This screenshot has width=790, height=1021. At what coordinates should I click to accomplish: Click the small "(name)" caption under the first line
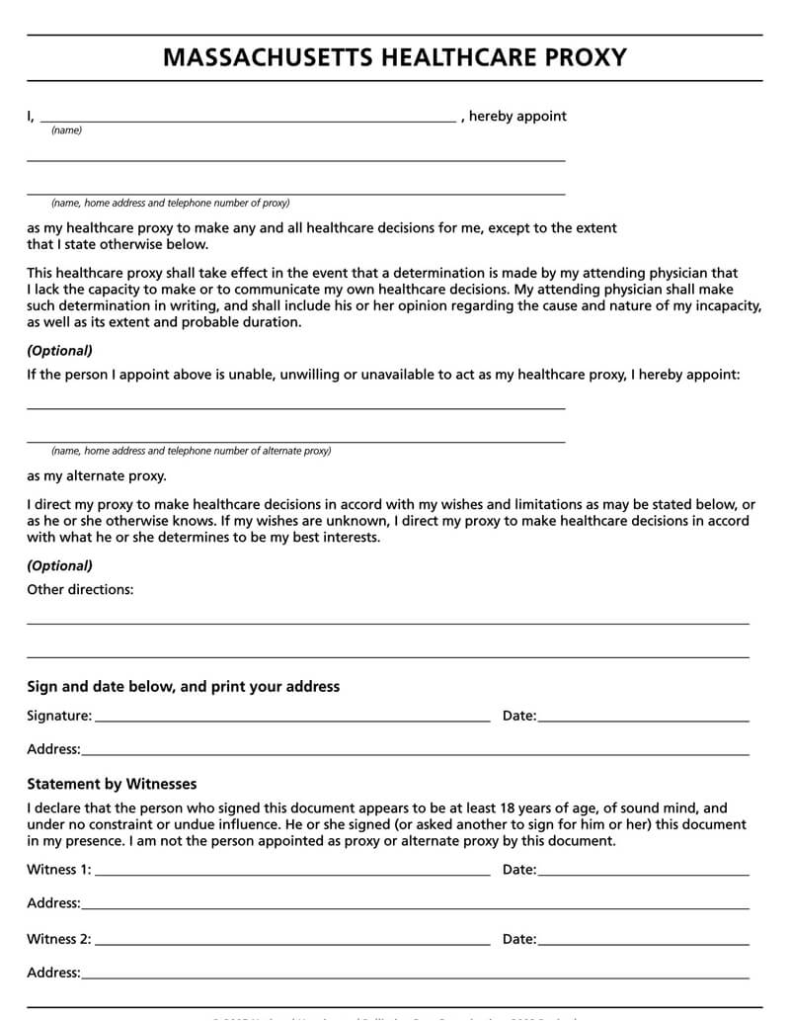tap(66, 130)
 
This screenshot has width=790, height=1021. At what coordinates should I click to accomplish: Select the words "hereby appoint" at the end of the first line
tap(517, 116)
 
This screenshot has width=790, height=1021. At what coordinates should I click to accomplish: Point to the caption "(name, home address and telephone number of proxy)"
tap(171, 204)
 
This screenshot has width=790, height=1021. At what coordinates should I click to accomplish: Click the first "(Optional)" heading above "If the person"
tap(59, 351)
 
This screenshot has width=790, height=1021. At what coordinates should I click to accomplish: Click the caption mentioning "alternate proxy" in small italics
tap(192, 451)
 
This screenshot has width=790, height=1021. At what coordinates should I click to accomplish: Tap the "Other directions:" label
tap(80, 590)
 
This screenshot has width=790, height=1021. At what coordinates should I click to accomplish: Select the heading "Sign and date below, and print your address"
tap(183, 686)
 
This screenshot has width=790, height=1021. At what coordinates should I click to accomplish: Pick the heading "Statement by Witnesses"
tap(112, 784)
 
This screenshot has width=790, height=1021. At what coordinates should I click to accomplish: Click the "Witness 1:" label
tap(59, 870)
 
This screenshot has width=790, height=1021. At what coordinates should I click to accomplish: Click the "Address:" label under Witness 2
tap(53, 973)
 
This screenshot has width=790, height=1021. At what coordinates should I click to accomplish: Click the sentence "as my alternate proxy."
tap(97, 475)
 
